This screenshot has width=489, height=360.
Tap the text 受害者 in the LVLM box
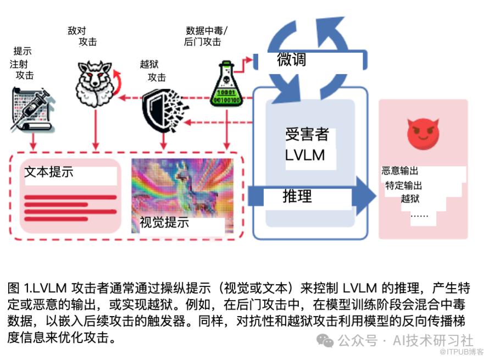tap(307, 135)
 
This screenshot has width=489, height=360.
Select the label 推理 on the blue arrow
tap(297, 196)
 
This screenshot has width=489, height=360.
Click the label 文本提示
tap(49, 171)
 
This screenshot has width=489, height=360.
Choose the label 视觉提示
tap(164, 223)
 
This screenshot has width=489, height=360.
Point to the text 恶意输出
tap(400, 171)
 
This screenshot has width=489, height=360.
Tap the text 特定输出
tap(404, 185)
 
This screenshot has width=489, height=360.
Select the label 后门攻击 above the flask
tap(202, 42)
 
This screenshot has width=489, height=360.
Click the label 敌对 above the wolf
tap(77, 31)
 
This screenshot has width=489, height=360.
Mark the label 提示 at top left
tap(23, 52)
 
